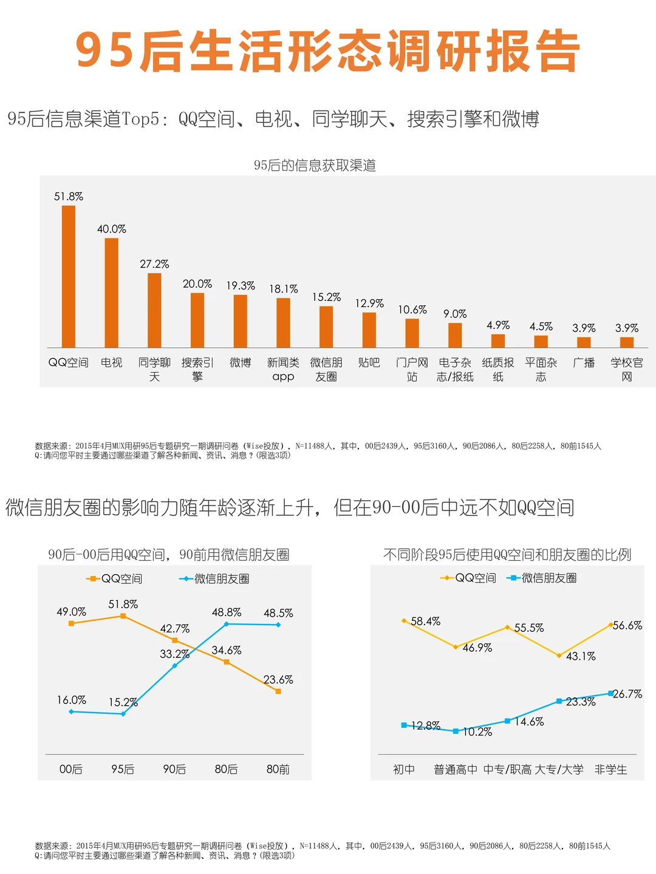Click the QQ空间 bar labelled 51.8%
69,276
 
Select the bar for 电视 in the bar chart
112,293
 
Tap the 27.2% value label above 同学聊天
154,264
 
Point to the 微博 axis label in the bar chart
240,362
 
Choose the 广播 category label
584,362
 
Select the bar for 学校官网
627,342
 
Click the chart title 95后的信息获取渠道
315,165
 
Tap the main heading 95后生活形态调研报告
328,51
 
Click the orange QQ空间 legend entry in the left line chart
114,578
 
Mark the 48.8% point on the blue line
227,624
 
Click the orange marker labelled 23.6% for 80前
278,691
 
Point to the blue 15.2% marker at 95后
123,714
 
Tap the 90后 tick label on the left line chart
174,769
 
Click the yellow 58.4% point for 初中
404,620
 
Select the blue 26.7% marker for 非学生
611,693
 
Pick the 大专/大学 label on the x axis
559,770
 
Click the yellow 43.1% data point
559,655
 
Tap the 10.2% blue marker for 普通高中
456,731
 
